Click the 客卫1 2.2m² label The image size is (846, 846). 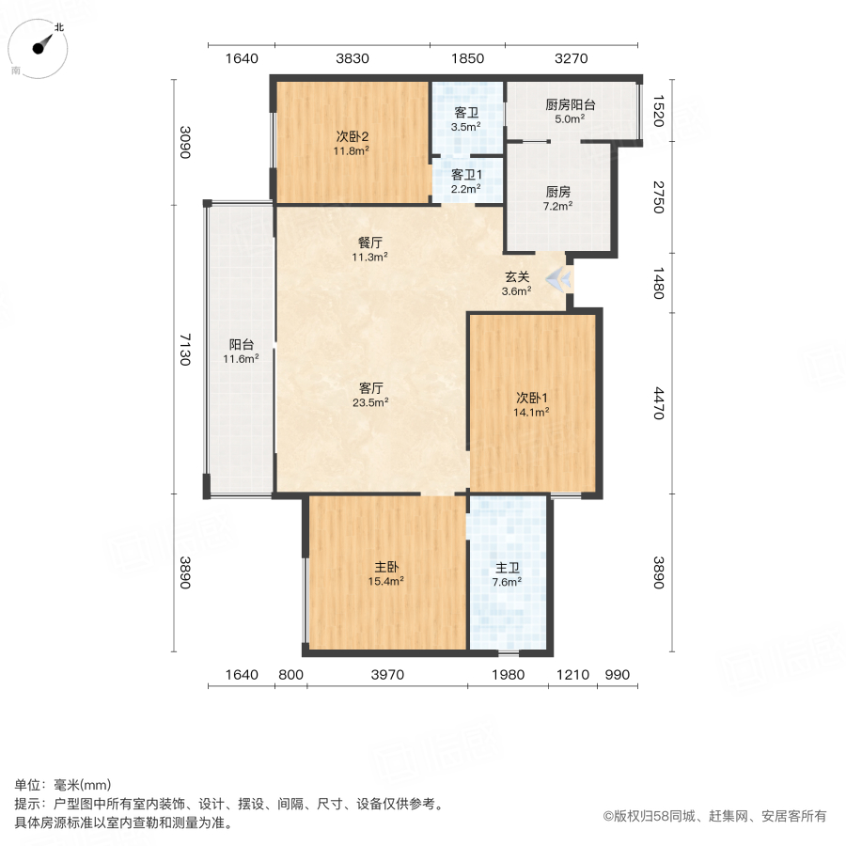[x=465, y=180]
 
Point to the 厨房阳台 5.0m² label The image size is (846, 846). [x=570, y=112]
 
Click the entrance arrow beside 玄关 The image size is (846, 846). [x=557, y=278]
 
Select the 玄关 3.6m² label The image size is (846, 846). [x=517, y=283]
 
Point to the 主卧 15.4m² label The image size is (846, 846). [x=387, y=573]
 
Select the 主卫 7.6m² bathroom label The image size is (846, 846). [x=508, y=573]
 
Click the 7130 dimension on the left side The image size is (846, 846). [x=185, y=349]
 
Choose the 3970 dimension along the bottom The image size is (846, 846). [x=386, y=674]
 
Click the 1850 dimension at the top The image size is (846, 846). [x=467, y=58]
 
